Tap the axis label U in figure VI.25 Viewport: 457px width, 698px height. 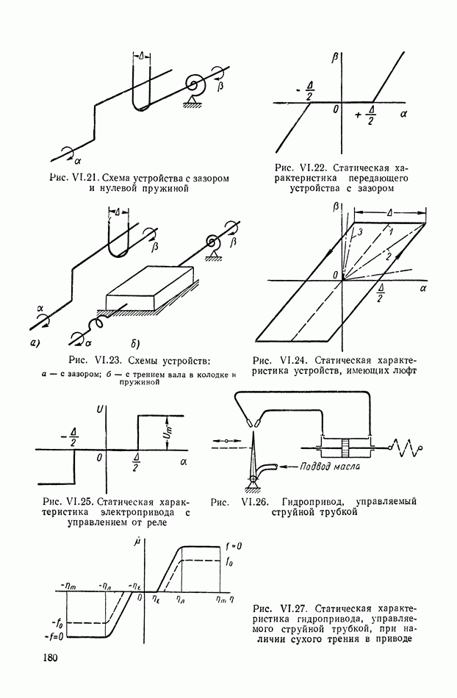(98, 409)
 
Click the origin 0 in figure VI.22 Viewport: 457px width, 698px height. (334, 109)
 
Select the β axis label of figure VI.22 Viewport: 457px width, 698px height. (335, 56)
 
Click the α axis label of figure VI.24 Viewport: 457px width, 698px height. (424, 290)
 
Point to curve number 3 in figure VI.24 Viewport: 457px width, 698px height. (360, 231)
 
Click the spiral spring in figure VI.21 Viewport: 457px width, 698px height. (196, 85)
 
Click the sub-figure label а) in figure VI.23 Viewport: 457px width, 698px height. (35, 342)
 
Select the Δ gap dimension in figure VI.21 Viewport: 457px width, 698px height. (144, 56)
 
